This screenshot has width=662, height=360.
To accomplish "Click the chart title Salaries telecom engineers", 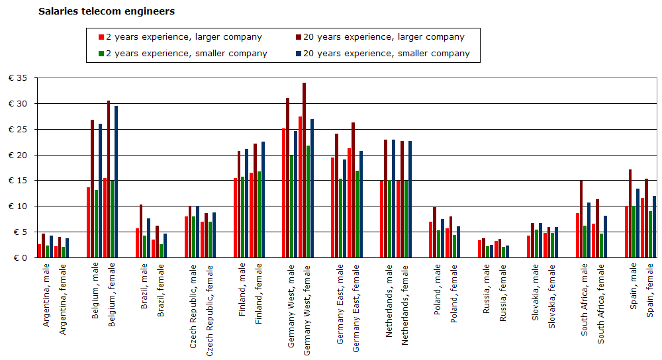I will point(107,11).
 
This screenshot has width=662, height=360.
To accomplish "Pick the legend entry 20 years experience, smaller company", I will point(387,53).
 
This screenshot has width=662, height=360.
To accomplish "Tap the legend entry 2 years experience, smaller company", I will point(187,53).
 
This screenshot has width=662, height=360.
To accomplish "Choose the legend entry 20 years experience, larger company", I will point(384,37).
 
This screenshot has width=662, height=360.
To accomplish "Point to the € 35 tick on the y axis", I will point(18,78).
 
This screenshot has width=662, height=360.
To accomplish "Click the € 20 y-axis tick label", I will point(18,155).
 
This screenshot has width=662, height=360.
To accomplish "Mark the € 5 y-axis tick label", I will point(20,232).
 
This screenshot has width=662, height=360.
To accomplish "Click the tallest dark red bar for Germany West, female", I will point(305,170).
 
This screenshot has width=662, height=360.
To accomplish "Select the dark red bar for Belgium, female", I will point(109,179).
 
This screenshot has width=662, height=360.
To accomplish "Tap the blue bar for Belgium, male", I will point(101,191).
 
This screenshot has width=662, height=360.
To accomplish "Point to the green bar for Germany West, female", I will point(308,201).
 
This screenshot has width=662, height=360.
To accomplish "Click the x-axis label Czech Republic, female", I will point(209,312).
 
